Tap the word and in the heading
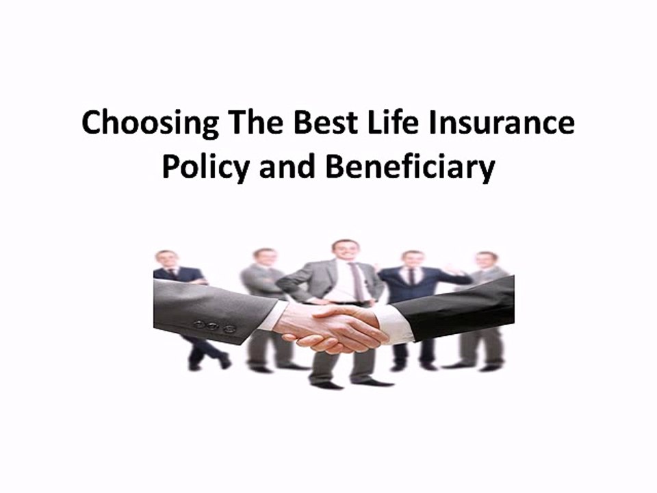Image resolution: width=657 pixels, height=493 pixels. (x=286, y=168)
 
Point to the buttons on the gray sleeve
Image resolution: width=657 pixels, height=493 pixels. (x=214, y=327)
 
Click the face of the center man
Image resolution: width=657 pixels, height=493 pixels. (x=344, y=251)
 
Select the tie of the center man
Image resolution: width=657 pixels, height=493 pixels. (x=357, y=281)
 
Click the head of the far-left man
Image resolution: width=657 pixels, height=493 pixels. (x=166, y=259)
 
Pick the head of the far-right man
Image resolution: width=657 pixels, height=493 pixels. (x=487, y=261)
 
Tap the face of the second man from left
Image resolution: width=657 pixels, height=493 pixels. (x=266, y=257)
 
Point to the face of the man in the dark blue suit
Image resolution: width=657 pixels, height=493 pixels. (x=413, y=260)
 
